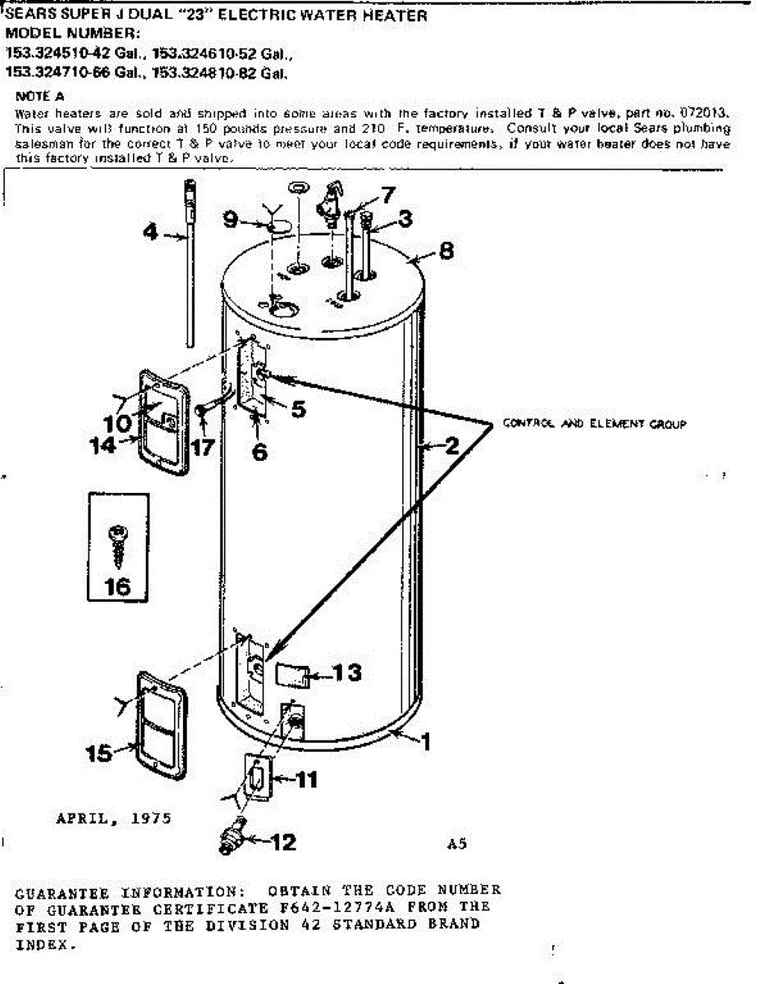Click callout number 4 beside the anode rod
pyautogui.click(x=150, y=232)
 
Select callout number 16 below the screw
pyautogui.click(x=118, y=587)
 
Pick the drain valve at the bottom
pyautogui.click(x=232, y=836)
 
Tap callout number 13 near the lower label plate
pyautogui.click(x=346, y=672)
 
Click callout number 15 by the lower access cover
pyautogui.click(x=99, y=753)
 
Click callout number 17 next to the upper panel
pyautogui.click(x=203, y=448)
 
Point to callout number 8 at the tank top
pyautogui.click(x=446, y=250)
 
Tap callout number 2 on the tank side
pyautogui.click(x=450, y=446)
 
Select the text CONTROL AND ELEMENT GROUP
pyautogui.click(x=594, y=424)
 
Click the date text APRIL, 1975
pyautogui.click(x=113, y=818)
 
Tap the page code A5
pyautogui.click(x=457, y=844)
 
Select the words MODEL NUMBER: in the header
pyautogui.click(x=73, y=34)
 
